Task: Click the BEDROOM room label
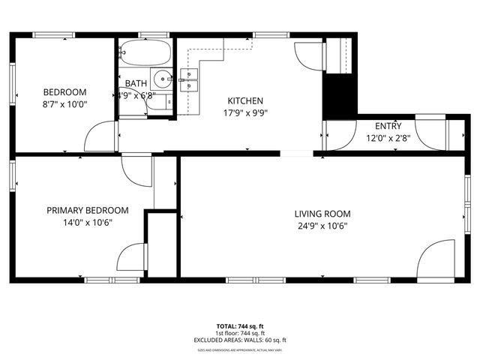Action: pos(65,92)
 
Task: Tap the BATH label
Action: pos(136,83)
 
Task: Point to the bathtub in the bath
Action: pos(144,52)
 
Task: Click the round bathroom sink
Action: pos(162,78)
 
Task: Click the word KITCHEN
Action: pos(245,100)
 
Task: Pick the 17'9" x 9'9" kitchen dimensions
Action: pos(245,113)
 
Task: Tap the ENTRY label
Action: pos(388,126)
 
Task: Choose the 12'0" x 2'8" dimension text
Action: pos(388,138)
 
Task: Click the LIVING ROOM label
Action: pos(322,214)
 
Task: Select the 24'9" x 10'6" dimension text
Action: pos(322,226)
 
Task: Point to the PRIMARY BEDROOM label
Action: pos(88,211)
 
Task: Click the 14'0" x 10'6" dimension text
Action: pos(88,223)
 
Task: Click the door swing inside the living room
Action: pos(437,259)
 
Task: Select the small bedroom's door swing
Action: pos(100,137)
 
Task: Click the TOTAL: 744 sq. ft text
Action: pos(240,326)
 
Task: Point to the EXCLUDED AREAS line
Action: pos(240,340)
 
